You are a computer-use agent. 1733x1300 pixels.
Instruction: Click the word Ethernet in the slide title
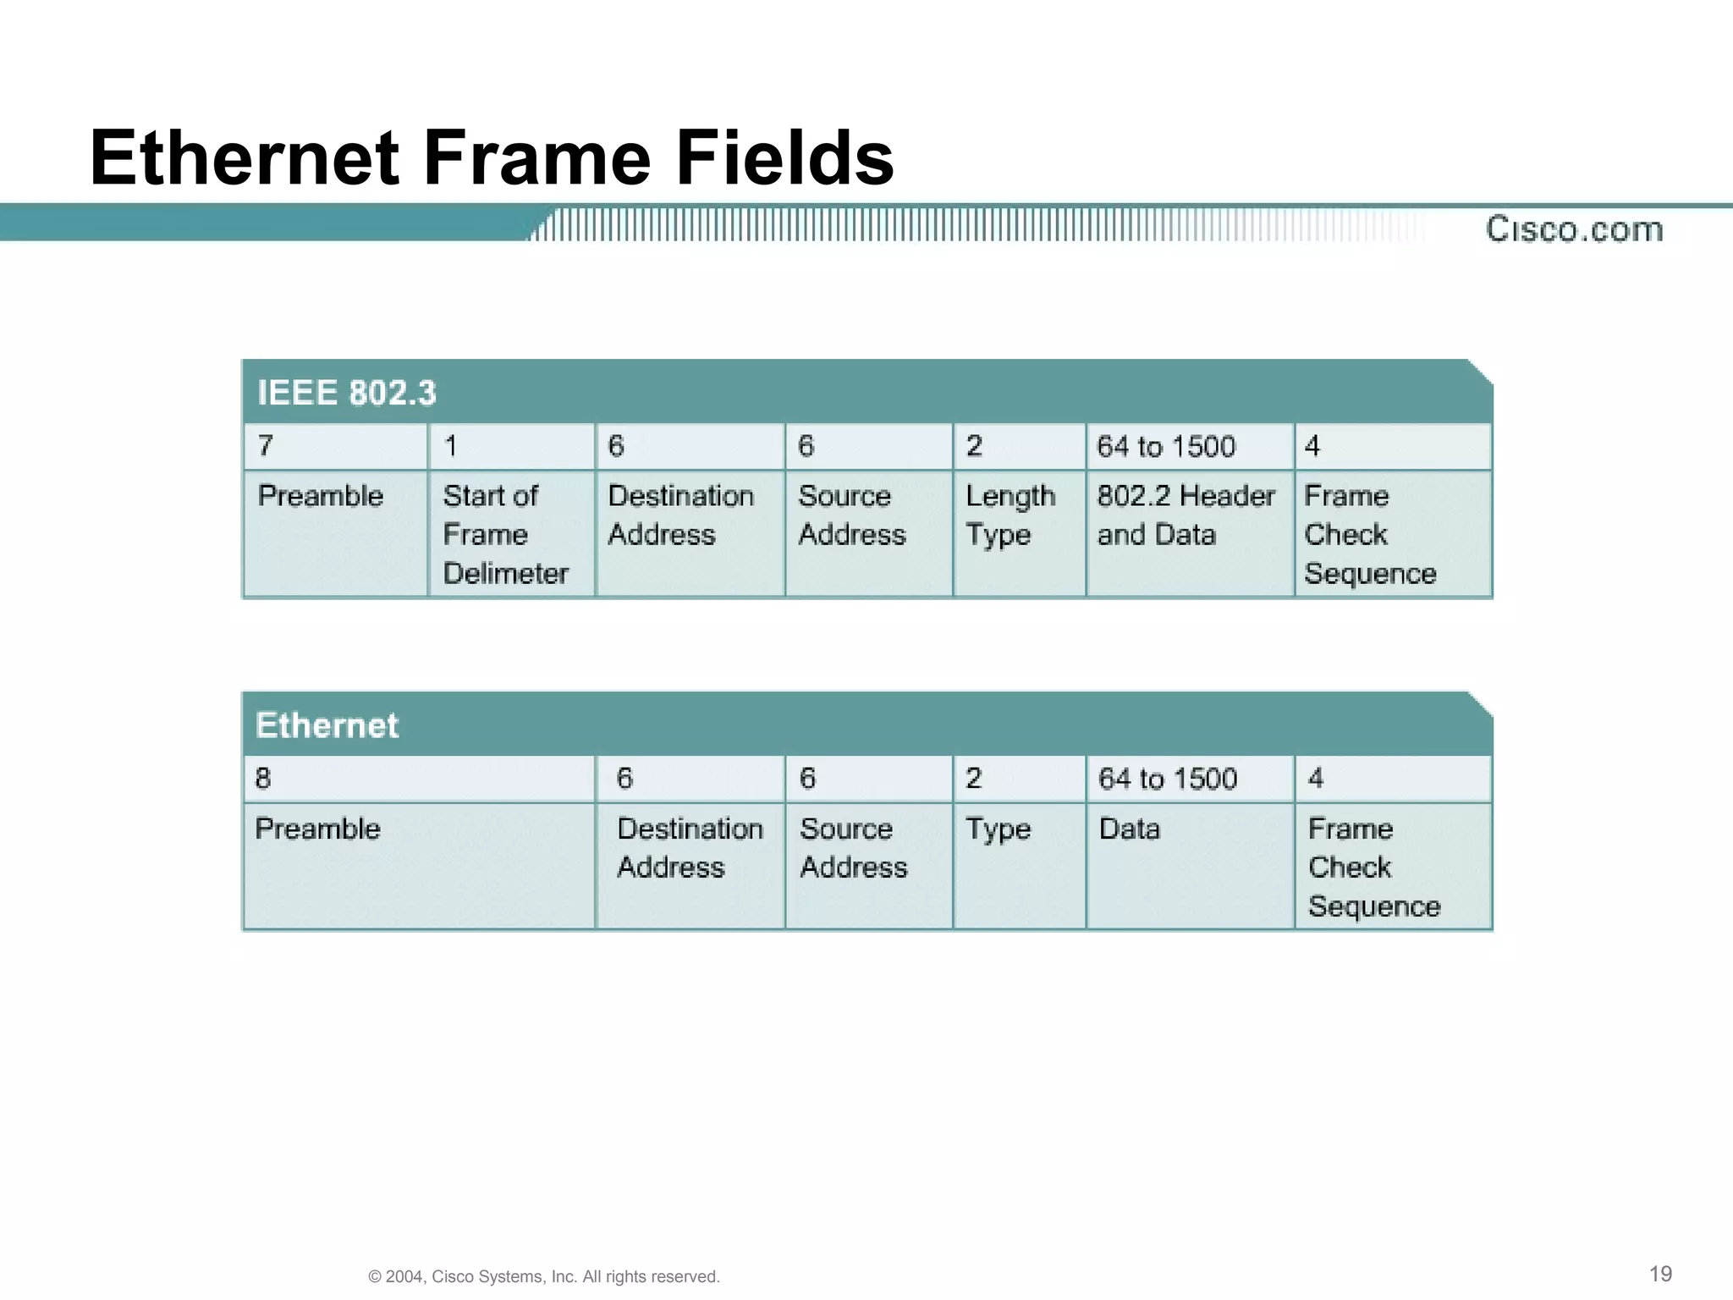coord(245,158)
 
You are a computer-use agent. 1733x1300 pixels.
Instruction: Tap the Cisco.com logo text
coord(1574,229)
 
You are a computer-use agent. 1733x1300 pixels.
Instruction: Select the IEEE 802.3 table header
coord(347,393)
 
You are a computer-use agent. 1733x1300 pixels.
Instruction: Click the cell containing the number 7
coord(335,446)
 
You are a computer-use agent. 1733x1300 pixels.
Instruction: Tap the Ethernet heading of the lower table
coord(327,725)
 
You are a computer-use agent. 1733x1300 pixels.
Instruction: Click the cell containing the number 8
coord(418,779)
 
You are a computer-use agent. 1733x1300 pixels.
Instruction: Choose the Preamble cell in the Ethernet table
coord(418,865)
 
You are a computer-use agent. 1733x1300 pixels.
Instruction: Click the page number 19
coord(1660,1274)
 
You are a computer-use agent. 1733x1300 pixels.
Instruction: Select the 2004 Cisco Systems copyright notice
coord(544,1276)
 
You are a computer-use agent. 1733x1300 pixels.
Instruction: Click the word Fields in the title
coord(784,158)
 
